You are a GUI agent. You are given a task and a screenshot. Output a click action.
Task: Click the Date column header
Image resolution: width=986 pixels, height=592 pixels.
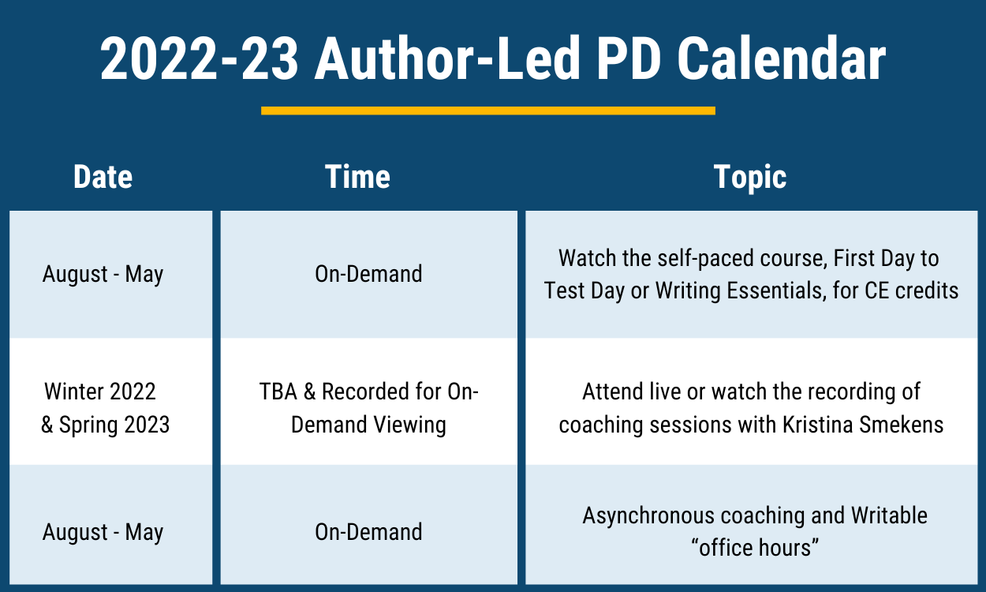[x=103, y=177]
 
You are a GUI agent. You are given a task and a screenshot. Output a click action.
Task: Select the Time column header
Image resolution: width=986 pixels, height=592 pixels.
[x=357, y=177]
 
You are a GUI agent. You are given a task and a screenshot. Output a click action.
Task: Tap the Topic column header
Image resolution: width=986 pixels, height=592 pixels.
[x=750, y=178]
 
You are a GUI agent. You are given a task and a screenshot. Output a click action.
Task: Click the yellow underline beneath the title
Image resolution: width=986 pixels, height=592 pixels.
[x=487, y=111]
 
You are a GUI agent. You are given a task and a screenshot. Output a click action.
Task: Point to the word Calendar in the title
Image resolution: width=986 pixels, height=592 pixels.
[x=782, y=58]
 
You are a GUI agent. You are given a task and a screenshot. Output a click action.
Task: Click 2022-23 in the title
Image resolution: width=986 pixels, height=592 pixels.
[x=200, y=58]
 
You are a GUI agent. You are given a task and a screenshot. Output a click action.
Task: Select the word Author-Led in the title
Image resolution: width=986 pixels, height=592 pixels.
[x=447, y=58]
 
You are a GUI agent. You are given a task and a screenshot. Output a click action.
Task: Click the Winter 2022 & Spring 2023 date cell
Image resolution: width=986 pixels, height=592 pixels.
[x=105, y=408]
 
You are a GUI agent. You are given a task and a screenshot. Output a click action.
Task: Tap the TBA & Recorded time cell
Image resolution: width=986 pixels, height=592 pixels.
[x=369, y=408]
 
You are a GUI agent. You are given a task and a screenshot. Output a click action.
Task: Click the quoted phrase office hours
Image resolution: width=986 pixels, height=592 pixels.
[x=755, y=548]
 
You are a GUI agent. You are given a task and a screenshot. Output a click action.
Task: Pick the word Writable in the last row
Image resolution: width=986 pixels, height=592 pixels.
[x=889, y=515]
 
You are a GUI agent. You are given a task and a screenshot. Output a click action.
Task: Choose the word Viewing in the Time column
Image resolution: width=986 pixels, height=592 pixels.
[x=410, y=425]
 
